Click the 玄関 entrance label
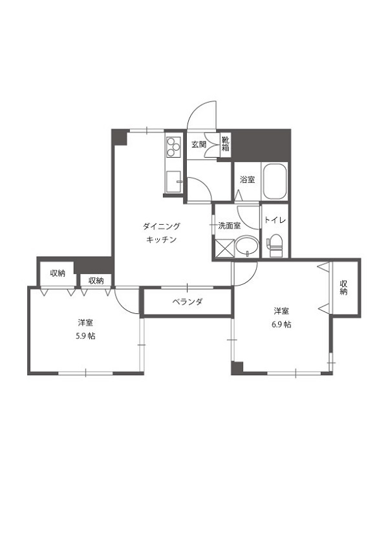coord(198,145)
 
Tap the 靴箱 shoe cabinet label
coord(225,144)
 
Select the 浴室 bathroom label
coord(247,180)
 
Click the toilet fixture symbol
coord(275,246)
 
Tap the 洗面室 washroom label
coord(229,225)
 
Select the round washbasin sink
coord(246,246)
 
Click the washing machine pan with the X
coord(224,247)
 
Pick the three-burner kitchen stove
coord(173,149)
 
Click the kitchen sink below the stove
coord(173,181)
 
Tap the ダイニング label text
coord(161,226)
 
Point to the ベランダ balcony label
coord(188,302)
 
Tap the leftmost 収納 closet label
coord(58,273)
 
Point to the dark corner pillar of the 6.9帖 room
coord(237,368)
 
